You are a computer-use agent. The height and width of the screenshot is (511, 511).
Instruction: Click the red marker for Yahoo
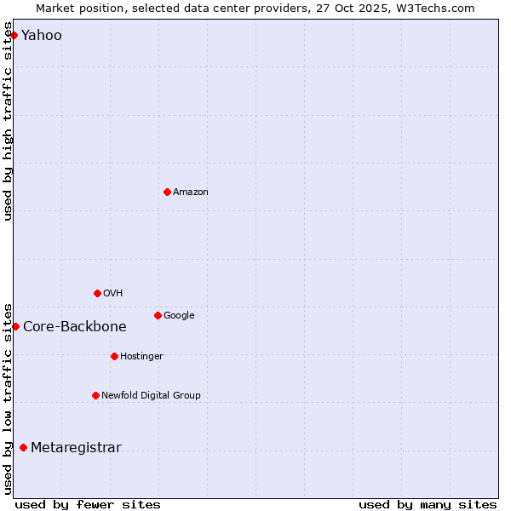point(14,35)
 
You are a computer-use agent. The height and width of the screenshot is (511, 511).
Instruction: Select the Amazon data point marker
point(167,192)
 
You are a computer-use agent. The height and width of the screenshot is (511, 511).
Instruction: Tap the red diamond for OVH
point(97,293)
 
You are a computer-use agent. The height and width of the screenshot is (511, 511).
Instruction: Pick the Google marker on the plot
point(158,315)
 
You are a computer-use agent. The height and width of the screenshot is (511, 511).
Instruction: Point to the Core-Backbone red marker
point(15,326)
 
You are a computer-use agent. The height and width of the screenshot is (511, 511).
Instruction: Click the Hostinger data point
point(114,356)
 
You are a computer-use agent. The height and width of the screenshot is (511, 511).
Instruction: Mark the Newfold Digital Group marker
point(95,395)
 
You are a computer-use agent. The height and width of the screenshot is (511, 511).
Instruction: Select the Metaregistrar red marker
point(23,447)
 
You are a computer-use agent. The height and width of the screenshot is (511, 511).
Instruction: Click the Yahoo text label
point(42,36)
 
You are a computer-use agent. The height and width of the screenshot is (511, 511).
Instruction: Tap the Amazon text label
point(191,192)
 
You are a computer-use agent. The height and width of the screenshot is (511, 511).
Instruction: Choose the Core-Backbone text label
point(75,327)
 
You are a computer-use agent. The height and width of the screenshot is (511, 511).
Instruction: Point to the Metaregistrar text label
point(76,448)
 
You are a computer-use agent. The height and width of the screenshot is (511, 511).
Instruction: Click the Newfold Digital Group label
point(152,396)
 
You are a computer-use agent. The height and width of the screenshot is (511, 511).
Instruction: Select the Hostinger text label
point(141,357)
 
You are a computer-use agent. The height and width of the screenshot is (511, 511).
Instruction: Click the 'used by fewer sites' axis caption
point(88,504)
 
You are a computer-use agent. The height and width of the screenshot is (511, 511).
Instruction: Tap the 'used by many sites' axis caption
point(428,504)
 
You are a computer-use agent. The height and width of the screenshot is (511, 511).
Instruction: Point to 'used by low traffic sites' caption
point(9,398)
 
